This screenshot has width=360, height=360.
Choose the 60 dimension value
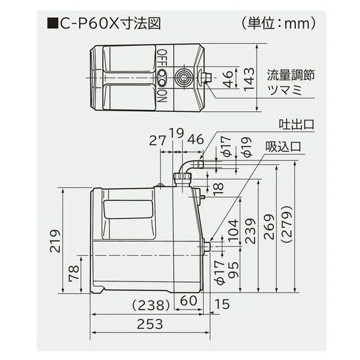(x=189, y=301)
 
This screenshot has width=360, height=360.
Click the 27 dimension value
(x=157, y=139)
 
